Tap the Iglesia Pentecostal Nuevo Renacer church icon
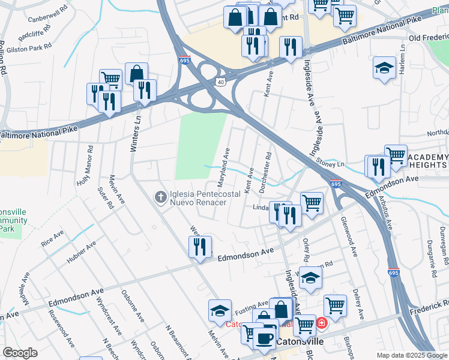coord(160,196)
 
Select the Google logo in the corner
coord(20,353)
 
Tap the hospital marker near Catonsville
coord(322,324)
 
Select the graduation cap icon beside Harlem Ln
coord(384,68)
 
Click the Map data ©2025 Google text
coord(412,355)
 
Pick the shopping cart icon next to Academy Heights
coord(396,155)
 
